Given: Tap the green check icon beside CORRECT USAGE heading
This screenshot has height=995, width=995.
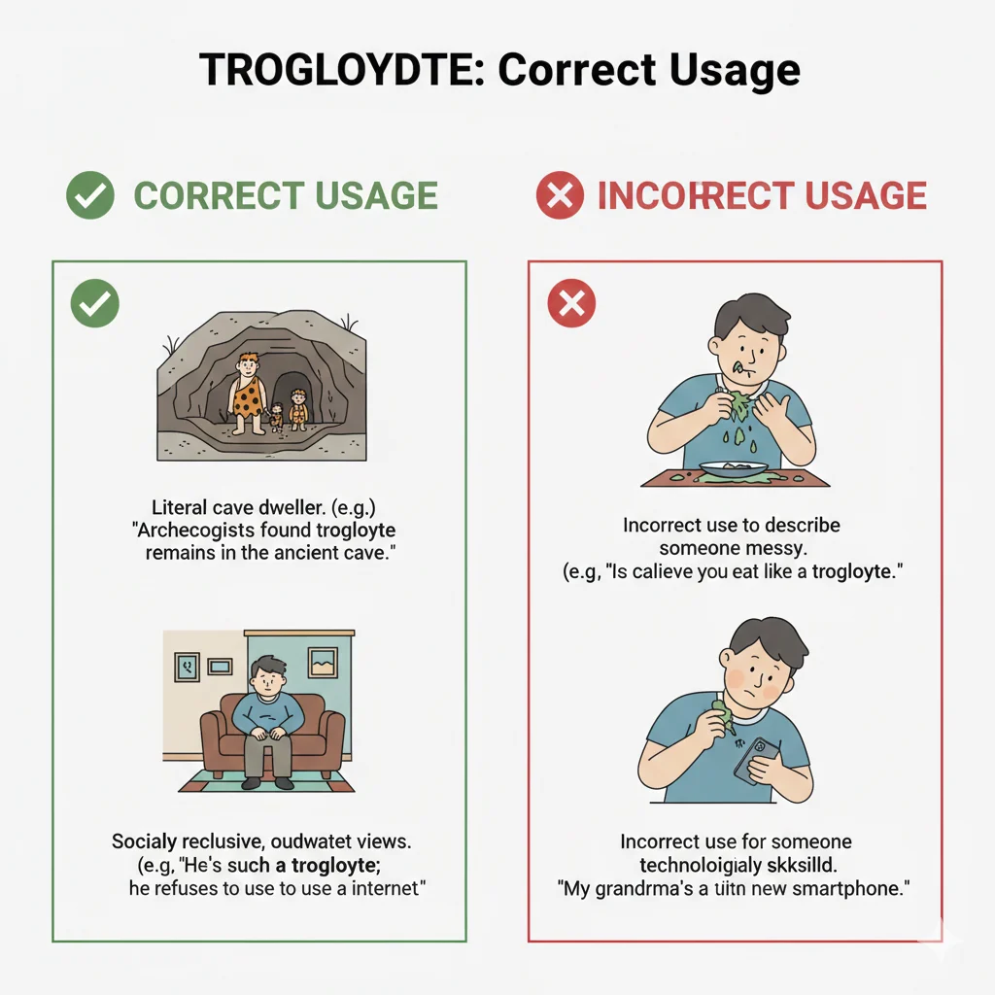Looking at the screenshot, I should point(90,195).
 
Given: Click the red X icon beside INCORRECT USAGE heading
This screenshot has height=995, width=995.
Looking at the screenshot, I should point(560,195).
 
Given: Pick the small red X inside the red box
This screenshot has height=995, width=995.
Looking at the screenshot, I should point(571,303).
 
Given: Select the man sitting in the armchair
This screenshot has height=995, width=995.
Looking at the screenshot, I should point(265,719).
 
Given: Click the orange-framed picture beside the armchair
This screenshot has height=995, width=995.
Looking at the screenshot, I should point(323,662).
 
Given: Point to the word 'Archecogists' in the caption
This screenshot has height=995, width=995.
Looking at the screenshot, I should point(200,532).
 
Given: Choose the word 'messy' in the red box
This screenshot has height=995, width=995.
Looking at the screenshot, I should point(783,548).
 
